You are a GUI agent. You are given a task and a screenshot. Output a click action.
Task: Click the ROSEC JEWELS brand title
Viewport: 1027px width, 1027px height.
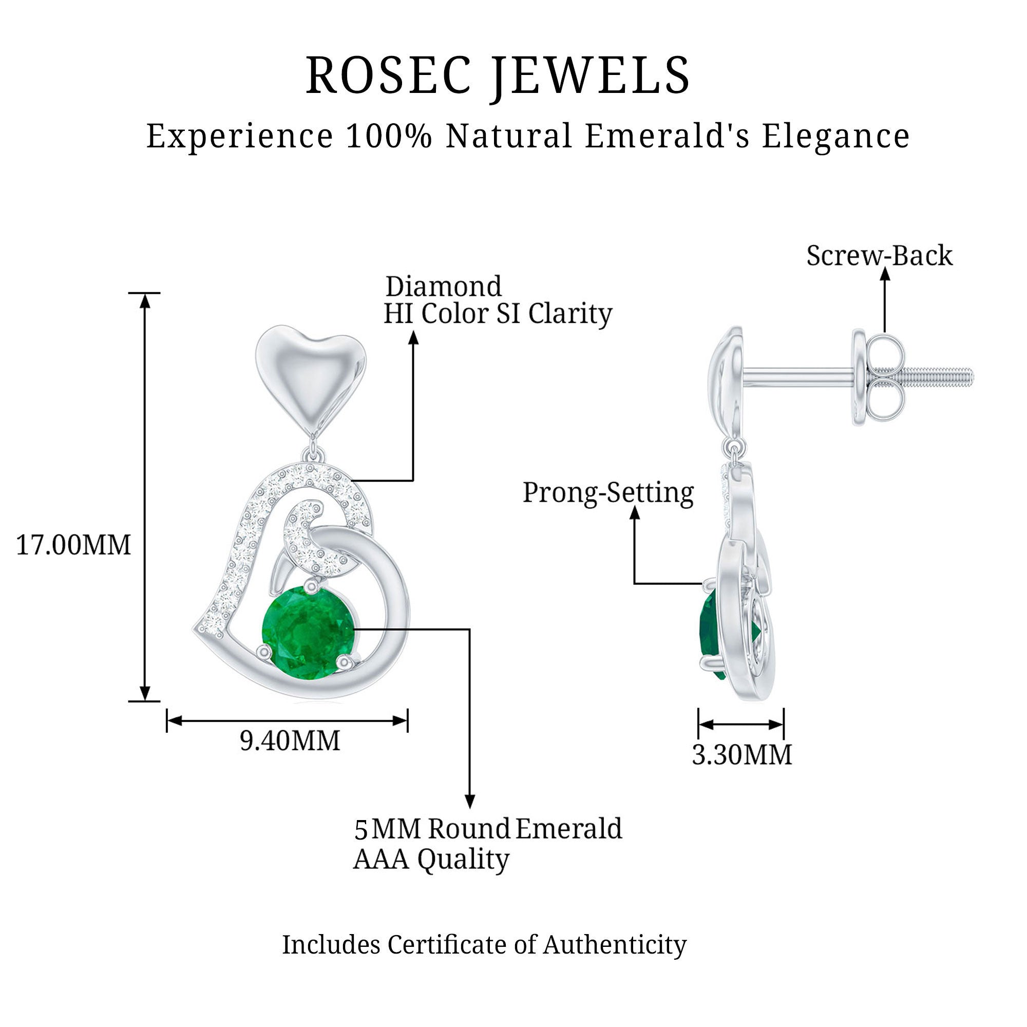tap(498, 75)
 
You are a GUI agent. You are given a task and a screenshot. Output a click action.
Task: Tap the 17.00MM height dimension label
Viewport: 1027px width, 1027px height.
tap(73, 545)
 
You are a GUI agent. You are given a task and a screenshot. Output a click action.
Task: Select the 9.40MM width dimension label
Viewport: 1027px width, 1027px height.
tap(290, 741)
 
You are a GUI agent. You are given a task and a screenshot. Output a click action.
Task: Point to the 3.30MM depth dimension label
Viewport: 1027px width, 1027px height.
tap(741, 755)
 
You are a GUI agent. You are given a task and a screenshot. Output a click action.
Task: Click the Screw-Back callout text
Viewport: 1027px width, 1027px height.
tap(879, 256)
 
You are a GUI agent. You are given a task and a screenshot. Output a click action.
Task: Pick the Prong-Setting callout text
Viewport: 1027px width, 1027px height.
tap(608, 493)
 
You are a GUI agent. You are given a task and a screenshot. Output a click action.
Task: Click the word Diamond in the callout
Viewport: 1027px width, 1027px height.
tap(443, 287)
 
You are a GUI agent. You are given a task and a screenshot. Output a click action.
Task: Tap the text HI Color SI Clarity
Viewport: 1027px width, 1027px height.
tap(498, 314)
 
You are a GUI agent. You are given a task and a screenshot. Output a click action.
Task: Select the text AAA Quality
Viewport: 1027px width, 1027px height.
tap(431, 859)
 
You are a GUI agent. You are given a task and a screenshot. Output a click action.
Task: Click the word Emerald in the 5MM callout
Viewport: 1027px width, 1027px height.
tap(568, 829)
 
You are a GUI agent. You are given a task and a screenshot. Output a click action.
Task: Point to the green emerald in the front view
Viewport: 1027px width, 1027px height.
tap(308, 631)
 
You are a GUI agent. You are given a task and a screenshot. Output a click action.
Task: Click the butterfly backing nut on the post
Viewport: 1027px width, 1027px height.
tap(880, 377)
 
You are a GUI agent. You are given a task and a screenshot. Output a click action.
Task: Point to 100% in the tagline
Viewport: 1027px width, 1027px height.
tap(389, 136)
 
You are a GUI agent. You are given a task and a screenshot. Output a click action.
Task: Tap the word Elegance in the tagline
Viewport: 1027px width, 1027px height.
tap(835, 136)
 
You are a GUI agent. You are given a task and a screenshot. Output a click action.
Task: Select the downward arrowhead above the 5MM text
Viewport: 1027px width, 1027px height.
tap(469, 801)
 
